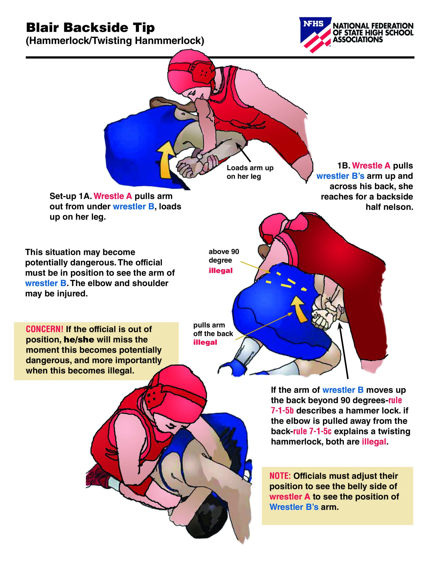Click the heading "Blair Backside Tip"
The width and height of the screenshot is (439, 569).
click(90, 28)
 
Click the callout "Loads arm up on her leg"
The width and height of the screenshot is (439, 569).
click(250, 172)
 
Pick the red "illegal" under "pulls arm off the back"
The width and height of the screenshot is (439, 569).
click(205, 342)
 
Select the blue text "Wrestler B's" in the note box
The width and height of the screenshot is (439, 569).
click(294, 507)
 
